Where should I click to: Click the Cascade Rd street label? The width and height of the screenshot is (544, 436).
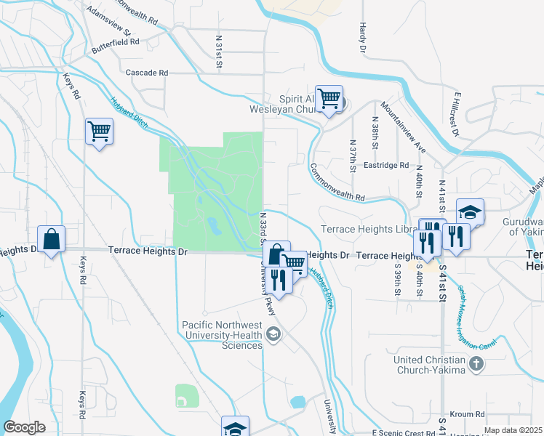point(147,73)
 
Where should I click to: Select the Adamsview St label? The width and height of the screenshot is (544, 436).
point(107,23)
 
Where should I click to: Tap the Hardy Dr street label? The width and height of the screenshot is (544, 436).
point(361,37)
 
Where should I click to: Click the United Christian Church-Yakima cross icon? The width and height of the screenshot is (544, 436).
point(476,363)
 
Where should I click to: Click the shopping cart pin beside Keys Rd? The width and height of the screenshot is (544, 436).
point(99,132)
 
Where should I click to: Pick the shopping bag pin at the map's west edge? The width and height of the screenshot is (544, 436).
point(52,239)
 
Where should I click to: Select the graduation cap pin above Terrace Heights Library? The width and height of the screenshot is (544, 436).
point(470,212)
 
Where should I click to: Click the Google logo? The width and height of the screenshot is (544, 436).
point(24,427)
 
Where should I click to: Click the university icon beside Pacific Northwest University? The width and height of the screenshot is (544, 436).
point(273,334)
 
